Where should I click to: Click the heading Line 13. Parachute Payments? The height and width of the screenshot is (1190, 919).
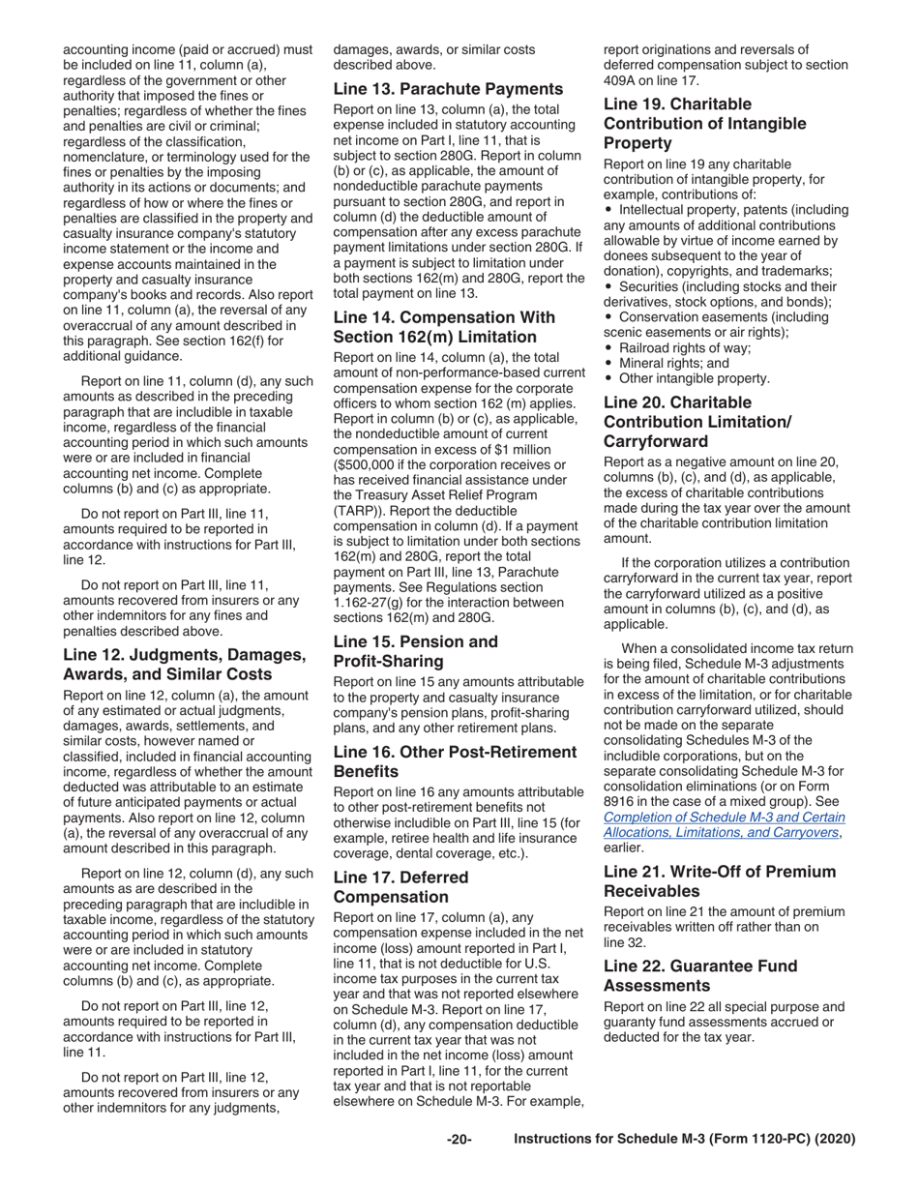[448, 89]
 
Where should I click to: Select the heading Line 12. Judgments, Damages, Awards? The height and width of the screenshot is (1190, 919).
[184, 665]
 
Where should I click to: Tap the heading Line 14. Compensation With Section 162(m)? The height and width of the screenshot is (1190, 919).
[444, 327]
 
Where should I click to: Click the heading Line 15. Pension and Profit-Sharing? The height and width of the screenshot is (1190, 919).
[416, 651]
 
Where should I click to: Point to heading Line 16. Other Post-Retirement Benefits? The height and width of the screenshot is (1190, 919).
[455, 761]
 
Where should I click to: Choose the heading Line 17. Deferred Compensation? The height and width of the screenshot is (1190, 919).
[400, 887]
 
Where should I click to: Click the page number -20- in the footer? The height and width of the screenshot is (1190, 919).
[459, 1140]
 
